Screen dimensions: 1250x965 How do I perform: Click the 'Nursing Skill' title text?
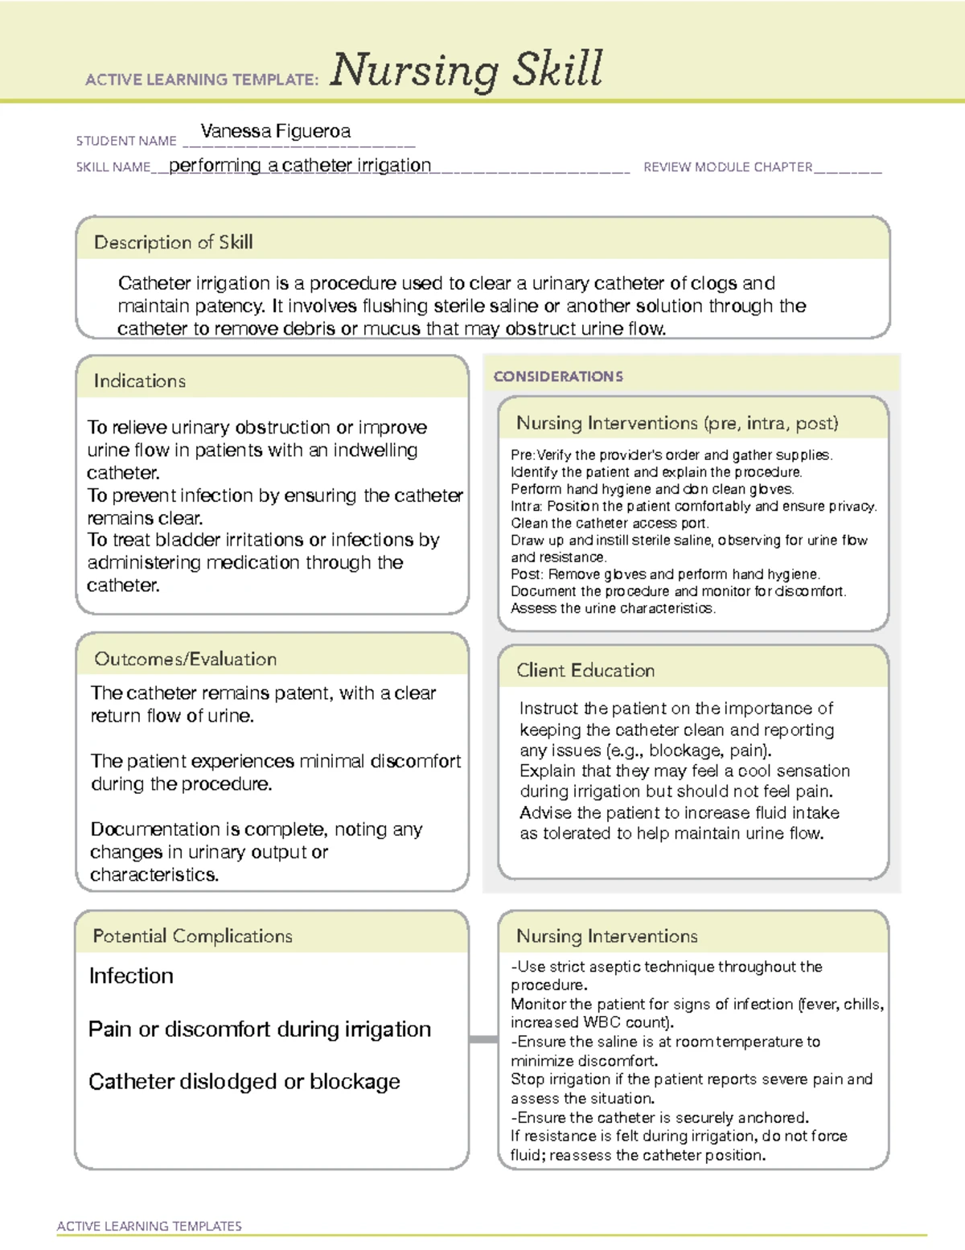(466, 70)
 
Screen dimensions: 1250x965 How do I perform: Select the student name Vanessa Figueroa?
(275, 131)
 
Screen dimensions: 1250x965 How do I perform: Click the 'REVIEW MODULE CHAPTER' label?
(728, 167)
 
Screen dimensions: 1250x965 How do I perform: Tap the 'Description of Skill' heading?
(173, 242)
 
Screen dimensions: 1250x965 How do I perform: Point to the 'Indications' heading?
(139, 380)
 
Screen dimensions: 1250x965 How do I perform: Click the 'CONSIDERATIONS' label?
(558, 376)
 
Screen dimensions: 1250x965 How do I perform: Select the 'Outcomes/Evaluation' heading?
(185, 659)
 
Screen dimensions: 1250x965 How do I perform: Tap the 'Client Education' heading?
(585, 670)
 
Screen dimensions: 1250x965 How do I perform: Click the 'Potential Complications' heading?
(192, 935)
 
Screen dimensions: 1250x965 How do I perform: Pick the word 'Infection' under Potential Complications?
(131, 976)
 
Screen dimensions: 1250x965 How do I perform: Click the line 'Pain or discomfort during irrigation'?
(259, 1029)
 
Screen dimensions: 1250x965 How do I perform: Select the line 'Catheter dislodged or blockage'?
(244, 1082)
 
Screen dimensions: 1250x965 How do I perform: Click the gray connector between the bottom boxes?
(482, 1039)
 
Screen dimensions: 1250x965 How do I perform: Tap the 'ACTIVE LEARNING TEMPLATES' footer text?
(149, 1226)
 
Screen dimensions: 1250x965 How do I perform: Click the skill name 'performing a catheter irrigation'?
(300, 166)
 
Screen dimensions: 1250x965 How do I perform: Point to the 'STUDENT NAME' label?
(126, 141)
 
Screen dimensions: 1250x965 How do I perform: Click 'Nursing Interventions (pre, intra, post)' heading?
(677, 423)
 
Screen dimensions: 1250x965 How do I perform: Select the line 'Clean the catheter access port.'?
(610, 523)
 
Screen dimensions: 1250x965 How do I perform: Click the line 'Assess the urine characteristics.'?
(613, 608)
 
